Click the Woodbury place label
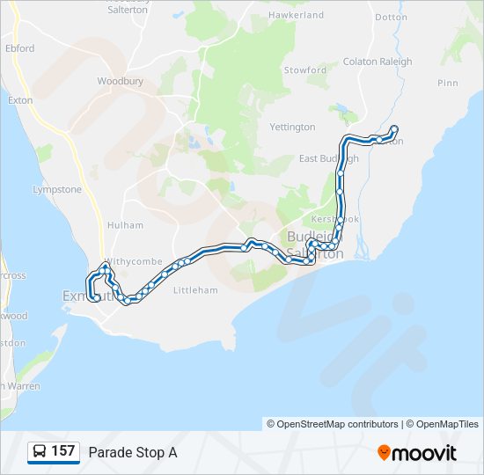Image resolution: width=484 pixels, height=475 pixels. coord(121,81)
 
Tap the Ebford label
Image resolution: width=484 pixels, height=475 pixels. coord(19,48)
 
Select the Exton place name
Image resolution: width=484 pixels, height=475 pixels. coord(20,100)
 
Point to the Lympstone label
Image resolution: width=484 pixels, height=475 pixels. coord(56,189)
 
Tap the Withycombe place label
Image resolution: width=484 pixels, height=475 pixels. coord(136,261)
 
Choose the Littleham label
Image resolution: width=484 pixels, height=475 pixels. coord(195,289)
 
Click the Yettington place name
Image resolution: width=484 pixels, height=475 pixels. coord(292,127)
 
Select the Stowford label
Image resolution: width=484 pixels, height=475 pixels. coord(304,69)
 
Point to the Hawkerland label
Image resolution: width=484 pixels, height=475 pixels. coord(297,15)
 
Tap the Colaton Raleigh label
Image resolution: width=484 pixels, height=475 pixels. coord(377,62)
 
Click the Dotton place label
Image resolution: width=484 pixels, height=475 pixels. coord(391,17)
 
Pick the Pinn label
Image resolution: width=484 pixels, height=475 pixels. coord(447,83)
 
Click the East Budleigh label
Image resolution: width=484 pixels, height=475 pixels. coord(328,158)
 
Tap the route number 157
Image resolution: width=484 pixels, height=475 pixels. coord(63,451)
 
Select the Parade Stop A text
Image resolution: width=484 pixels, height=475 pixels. coord(133,452)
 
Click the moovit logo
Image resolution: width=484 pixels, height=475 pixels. coord(417,452)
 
